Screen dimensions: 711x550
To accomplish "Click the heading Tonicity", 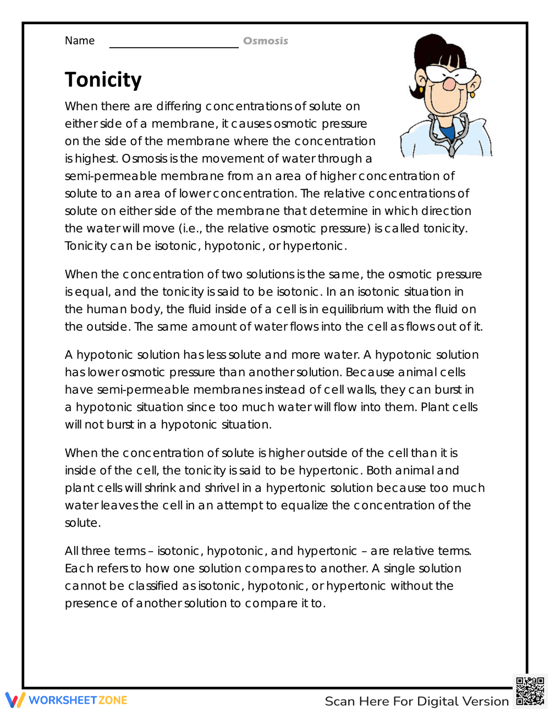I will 103,80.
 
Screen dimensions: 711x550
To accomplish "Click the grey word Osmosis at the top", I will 265,41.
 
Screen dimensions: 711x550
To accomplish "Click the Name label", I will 80,41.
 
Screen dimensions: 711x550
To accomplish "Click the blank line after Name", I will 174,44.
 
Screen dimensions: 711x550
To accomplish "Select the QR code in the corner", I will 530,691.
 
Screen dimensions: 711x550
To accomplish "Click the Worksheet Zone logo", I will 67,700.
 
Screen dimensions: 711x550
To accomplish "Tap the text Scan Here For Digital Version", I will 416,701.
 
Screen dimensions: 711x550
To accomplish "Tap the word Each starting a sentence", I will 79,569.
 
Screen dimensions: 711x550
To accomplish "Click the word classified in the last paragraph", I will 153,586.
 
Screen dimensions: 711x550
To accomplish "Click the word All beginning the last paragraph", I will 71,551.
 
